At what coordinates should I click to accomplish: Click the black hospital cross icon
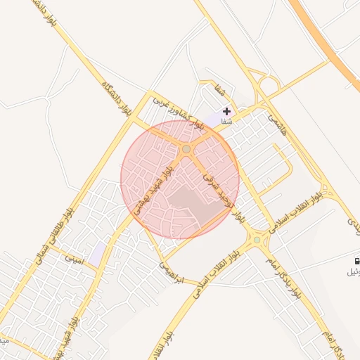click(226, 111)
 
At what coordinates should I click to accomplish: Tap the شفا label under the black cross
click(226, 122)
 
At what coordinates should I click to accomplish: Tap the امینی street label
click(74, 259)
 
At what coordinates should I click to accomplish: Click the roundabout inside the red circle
click(186, 149)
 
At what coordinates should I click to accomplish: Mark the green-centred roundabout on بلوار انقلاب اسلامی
click(257, 240)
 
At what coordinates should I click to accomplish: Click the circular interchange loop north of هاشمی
click(268, 85)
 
